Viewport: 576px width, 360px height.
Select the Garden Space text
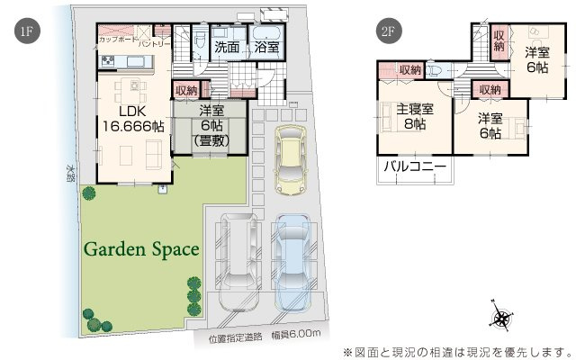point(142,248)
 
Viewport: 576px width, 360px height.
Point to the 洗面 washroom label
point(225,47)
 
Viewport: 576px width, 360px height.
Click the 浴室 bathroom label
point(265,47)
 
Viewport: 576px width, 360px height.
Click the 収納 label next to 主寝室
point(410,69)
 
